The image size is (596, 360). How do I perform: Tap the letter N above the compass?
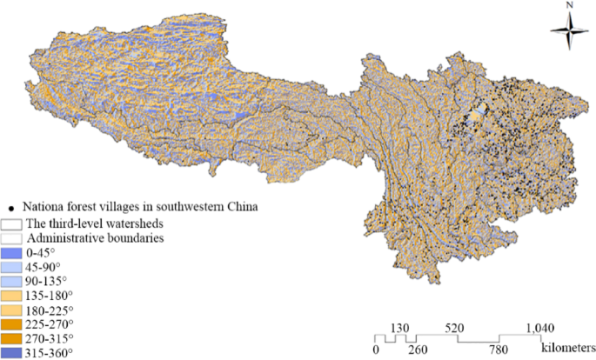tap(568, 5)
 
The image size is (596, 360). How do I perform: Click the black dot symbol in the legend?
tap(10, 208)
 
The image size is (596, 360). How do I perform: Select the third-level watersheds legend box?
tap(12, 223)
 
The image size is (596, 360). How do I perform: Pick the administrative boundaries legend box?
tap(12, 237)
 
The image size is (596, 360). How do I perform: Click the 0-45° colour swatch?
tap(12, 252)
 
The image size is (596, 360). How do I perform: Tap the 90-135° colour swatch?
tap(12, 281)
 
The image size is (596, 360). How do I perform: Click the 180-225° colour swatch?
tap(12, 310)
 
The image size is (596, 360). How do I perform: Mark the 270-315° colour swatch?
tap(12, 338)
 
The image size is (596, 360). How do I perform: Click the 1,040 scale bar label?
tap(541, 327)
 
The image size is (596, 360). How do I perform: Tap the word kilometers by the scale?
tap(566, 346)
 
